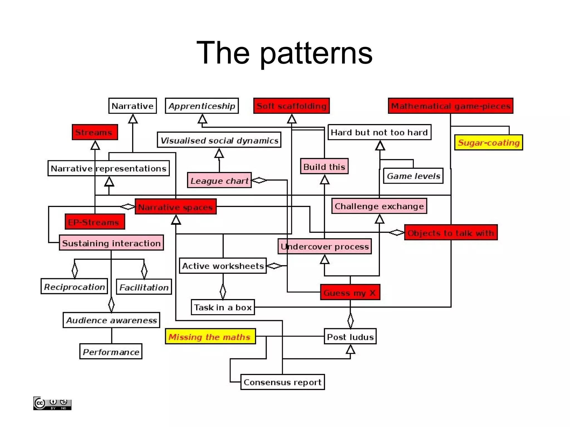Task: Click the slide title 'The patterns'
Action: point(284,53)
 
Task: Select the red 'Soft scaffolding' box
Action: point(291,106)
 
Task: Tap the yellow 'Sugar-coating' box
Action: point(488,143)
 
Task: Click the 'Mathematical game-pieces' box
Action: point(450,106)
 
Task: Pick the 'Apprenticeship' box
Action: point(202,106)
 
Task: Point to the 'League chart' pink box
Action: point(219,181)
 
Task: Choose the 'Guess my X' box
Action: point(350,292)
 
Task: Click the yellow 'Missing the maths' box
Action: point(210,337)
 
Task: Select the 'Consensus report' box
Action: point(282,382)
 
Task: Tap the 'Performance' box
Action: point(111,352)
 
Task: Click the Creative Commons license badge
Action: point(52,403)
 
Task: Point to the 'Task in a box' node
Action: point(223,307)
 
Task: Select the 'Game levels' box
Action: point(413,176)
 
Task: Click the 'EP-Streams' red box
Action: point(95,222)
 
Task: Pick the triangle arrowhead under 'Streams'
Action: point(95,145)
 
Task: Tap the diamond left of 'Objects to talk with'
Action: point(396,232)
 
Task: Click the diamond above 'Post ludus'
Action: point(350,320)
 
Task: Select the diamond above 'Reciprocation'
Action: point(75,270)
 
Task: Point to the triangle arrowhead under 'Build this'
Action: point(325,180)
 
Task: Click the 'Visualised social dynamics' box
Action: point(219,140)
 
